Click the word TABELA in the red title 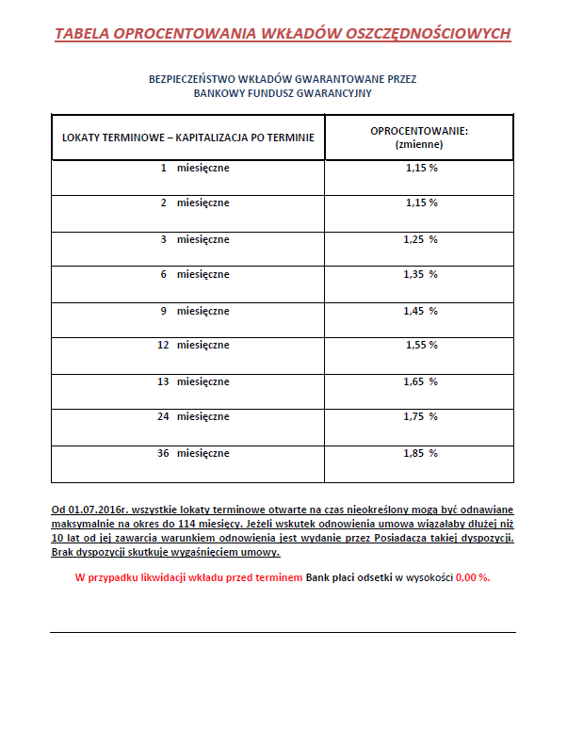click(81, 34)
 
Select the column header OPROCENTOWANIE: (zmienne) click(419, 138)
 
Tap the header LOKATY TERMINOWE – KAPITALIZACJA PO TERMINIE click(188, 138)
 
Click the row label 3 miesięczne click(195, 239)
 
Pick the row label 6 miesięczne click(195, 274)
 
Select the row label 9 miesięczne click(195, 310)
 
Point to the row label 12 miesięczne click(193, 345)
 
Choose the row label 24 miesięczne click(193, 416)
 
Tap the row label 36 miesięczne click(193, 453)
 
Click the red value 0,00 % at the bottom click(472, 577)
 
